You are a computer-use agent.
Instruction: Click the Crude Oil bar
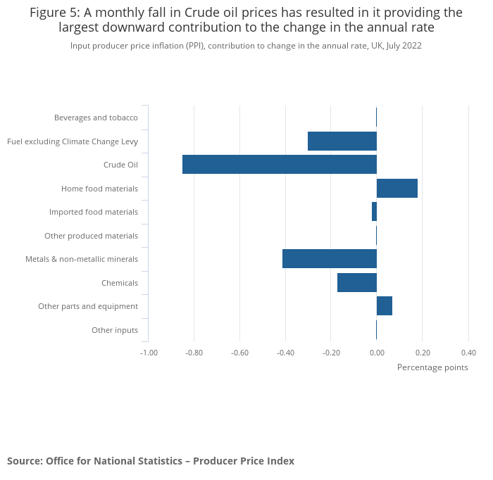click(x=280, y=165)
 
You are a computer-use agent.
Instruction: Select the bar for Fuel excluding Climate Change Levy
click(x=342, y=141)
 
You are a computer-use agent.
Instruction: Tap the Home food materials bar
click(x=397, y=189)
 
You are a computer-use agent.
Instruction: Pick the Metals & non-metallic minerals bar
click(x=330, y=259)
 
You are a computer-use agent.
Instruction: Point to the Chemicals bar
click(x=357, y=283)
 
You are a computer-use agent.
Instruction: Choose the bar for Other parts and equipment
click(x=385, y=306)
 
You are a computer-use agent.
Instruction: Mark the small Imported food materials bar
click(x=374, y=212)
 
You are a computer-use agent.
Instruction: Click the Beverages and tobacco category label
click(x=96, y=118)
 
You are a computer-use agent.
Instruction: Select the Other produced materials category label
click(x=91, y=236)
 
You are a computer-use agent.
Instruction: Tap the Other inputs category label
click(x=115, y=330)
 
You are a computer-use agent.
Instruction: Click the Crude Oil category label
click(x=120, y=165)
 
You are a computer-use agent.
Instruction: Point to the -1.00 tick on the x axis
click(x=149, y=353)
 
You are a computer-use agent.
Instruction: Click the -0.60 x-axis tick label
click(x=239, y=353)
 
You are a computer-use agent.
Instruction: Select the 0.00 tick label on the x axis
click(x=377, y=353)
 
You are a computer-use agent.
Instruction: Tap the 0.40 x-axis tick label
click(x=468, y=353)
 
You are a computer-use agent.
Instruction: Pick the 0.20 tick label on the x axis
click(x=423, y=353)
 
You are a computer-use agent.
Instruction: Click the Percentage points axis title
click(x=432, y=367)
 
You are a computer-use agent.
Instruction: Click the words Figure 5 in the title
click(x=54, y=13)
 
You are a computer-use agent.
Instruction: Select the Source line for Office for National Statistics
click(x=151, y=461)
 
